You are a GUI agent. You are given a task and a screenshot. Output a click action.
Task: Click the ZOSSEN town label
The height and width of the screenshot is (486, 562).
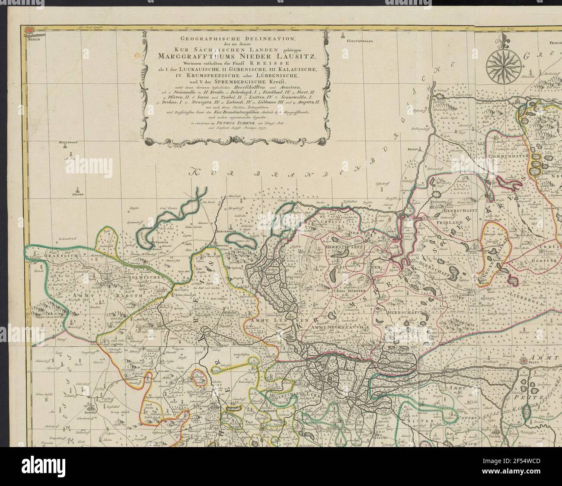78,195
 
